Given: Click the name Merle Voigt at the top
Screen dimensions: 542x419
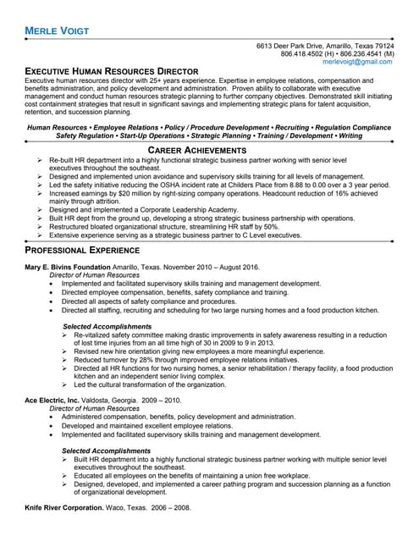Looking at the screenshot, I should click(58, 30).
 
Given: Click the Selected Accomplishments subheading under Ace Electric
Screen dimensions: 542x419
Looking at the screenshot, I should click(104, 450).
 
